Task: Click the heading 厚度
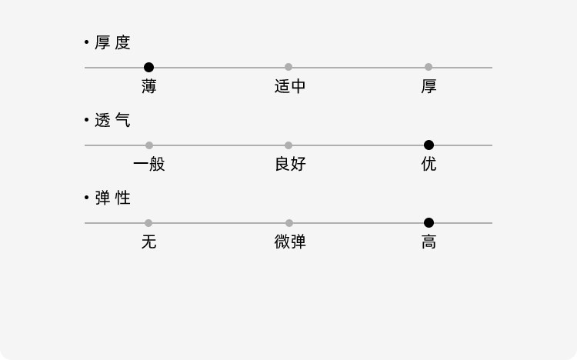[x=112, y=43]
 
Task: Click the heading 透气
[x=112, y=121]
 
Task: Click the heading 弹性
[x=112, y=198]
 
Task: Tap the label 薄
[x=149, y=86]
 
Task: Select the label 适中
[x=289, y=86]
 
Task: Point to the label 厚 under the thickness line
[x=429, y=86]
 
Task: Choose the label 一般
[x=149, y=164]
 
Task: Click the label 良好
[x=289, y=164]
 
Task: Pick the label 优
[x=429, y=164]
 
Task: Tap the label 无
[x=149, y=242]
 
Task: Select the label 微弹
[x=289, y=242]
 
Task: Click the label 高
[x=429, y=242]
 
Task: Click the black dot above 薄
[x=149, y=68]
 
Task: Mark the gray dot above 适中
[x=288, y=68]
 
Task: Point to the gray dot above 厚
[x=429, y=68]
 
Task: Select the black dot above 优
[x=429, y=145]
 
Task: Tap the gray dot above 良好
[x=288, y=145]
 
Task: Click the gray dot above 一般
[x=149, y=145]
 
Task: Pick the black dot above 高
[x=429, y=223]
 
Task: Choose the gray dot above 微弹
[x=288, y=223]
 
